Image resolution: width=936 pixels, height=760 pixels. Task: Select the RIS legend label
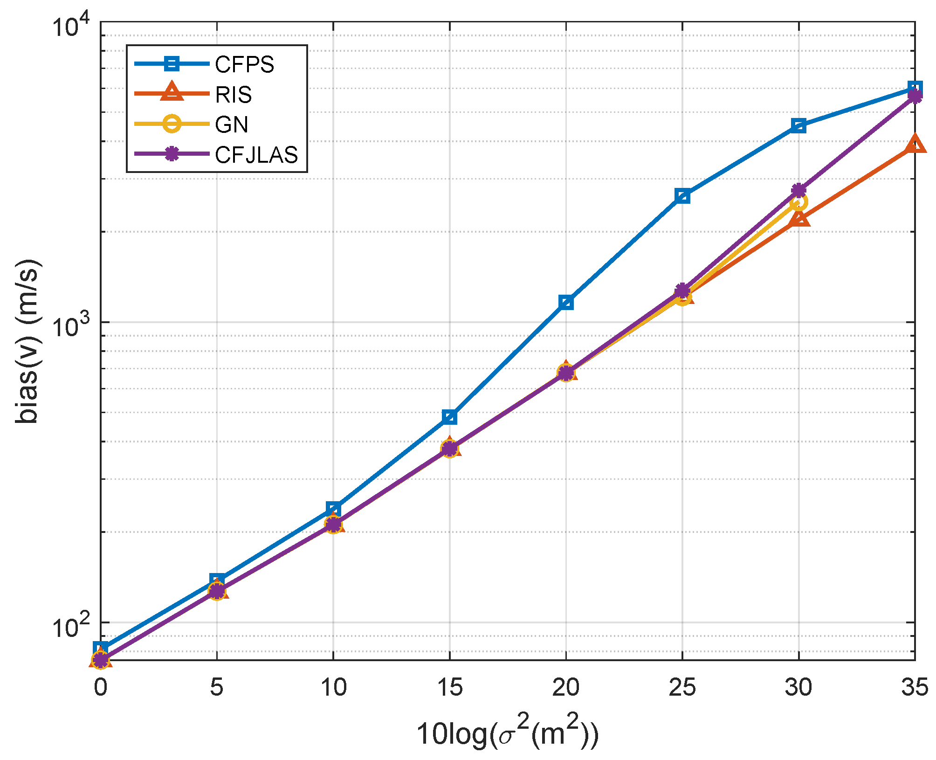(x=233, y=95)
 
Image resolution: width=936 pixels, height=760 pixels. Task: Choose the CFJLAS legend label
(x=256, y=155)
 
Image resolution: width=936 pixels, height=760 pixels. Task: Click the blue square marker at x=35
(x=915, y=88)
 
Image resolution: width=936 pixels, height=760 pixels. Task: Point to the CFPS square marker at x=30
(x=798, y=125)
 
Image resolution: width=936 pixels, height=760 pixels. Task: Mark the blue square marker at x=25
(x=682, y=196)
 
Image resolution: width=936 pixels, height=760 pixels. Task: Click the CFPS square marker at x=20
(x=566, y=303)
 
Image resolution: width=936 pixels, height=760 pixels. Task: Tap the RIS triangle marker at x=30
(x=798, y=218)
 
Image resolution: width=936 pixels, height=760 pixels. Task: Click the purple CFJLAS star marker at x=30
(x=798, y=190)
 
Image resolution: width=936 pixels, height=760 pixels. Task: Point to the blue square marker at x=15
(x=449, y=417)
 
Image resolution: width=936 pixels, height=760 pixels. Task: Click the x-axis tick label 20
(x=565, y=688)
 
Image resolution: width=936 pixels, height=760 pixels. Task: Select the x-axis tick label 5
(x=216, y=688)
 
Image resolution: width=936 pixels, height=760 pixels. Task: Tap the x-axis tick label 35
(x=915, y=688)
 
